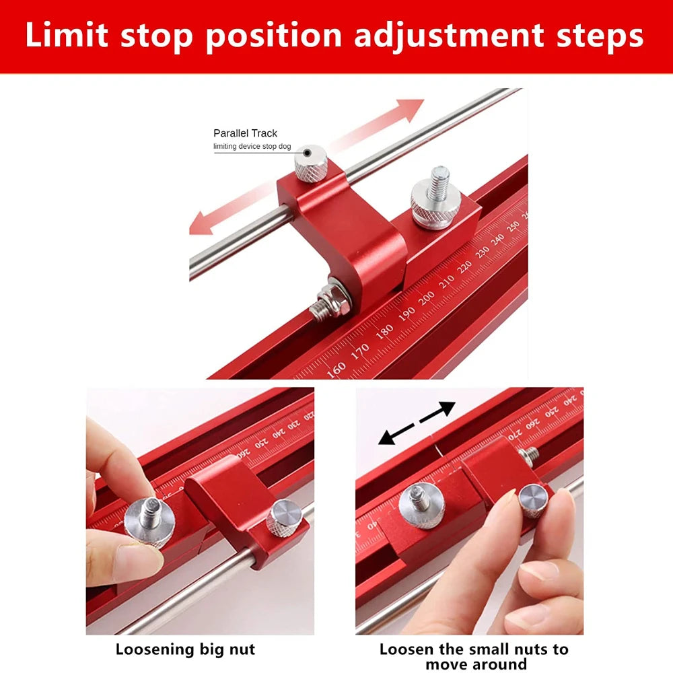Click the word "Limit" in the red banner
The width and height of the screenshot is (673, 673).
tap(66, 36)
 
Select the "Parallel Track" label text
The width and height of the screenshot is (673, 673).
tap(245, 133)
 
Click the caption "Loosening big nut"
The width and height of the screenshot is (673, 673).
tap(185, 649)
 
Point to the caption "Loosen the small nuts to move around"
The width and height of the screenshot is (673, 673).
tap(474, 657)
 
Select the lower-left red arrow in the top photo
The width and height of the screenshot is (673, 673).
tap(215, 215)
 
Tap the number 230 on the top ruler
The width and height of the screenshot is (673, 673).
tap(482, 251)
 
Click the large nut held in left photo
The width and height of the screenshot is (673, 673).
tap(149, 522)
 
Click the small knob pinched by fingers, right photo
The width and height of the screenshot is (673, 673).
tap(534, 501)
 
